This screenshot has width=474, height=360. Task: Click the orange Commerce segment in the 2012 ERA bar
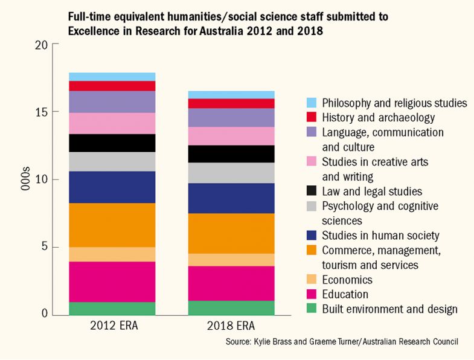point(112,225)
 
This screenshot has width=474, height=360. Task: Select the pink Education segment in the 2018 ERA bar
point(231,283)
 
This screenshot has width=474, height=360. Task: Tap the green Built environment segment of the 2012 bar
point(112,309)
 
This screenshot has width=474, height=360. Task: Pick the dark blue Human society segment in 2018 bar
point(231,198)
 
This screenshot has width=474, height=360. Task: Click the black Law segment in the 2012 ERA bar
point(112,143)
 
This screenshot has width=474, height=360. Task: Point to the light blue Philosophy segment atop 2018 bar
point(231,94)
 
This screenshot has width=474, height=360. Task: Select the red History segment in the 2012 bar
point(112,86)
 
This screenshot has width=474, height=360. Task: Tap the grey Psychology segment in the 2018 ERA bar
point(231,173)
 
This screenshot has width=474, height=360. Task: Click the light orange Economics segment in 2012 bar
point(112,254)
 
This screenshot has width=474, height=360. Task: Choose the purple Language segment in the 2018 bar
point(231,117)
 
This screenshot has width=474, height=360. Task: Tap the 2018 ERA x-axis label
point(231,327)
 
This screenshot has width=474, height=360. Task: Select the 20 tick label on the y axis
point(40,44)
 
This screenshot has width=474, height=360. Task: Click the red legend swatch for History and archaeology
point(311,117)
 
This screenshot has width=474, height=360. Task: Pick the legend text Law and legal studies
point(372,191)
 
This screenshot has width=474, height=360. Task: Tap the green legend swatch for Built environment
point(311,309)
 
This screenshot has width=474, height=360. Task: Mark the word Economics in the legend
point(347,280)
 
